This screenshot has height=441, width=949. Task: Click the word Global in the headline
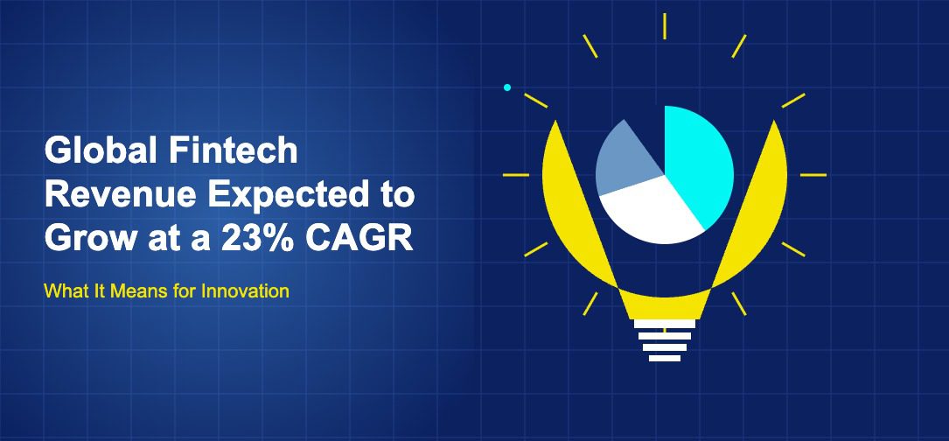coord(93,152)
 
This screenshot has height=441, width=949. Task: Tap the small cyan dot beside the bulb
coord(506,87)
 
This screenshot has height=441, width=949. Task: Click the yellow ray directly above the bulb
coord(665,25)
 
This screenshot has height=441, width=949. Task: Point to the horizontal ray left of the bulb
coord(515,175)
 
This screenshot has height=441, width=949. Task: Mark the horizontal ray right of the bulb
coord(813,175)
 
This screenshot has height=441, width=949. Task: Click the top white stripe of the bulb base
coord(665,324)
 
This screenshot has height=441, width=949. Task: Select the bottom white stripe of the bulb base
coord(665,357)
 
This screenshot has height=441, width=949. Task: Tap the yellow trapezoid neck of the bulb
coord(665,304)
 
